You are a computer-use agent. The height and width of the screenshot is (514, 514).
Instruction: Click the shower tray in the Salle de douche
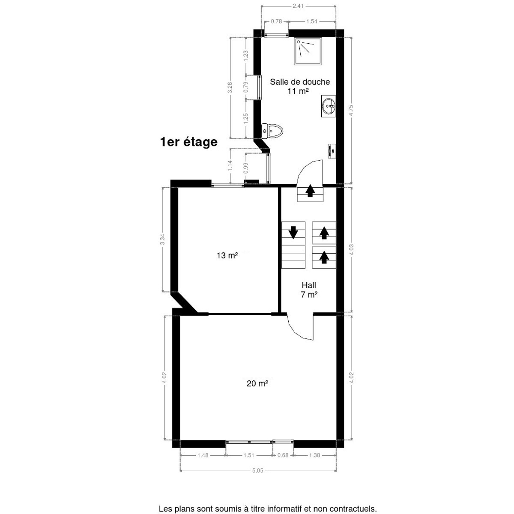click(308, 51)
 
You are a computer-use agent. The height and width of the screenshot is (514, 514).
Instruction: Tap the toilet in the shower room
click(272, 131)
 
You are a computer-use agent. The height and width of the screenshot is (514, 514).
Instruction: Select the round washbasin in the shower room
click(329, 106)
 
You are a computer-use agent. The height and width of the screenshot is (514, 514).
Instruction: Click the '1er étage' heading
click(188, 142)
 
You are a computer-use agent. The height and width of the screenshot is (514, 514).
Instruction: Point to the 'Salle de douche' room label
click(300, 82)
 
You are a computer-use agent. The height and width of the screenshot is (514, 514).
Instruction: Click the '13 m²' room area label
click(227, 256)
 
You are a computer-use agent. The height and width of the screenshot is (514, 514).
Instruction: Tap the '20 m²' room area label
click(257, 383)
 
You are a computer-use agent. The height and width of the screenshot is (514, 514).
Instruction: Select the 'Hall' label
click(309, 285)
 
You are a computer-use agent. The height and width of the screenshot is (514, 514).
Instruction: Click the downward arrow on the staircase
click(293, 232)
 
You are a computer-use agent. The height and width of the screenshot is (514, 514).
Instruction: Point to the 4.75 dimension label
click(351, 110)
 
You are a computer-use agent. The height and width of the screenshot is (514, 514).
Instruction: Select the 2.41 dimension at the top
click(298, 6)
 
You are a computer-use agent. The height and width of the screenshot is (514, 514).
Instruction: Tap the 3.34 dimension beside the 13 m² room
click(162, 239)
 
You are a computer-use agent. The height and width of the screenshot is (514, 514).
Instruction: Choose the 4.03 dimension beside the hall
click(351, 250)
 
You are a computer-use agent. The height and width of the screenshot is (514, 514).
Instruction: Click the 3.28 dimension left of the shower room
click(230, 87)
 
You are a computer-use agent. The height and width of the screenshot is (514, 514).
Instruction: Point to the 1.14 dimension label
click(230, 165)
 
